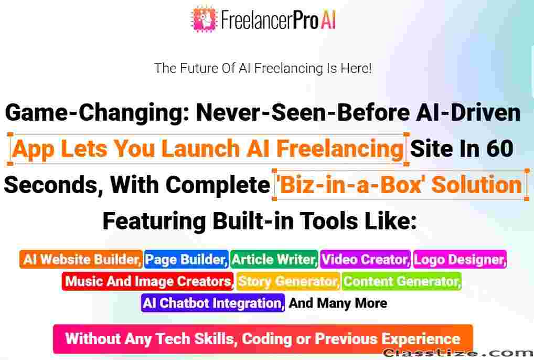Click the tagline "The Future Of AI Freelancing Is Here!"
(263, 68)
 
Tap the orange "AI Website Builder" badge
(81, 259)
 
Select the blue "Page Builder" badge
(186, 259)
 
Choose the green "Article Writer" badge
(274, 259)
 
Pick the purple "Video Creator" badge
(366, 259)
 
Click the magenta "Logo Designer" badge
(460, 259)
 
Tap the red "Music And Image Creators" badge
(148, 281)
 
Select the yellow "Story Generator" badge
(288, 281)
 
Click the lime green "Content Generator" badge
(402, 281)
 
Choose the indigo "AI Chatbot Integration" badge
(213, 303)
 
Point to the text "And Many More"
(338, 303)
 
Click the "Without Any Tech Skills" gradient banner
(263, 339)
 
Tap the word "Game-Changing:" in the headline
(98, 113)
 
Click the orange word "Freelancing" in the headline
(340, 149)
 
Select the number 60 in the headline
(499, 149)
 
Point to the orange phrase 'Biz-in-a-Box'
(352, 184)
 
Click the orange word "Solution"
(477, 184)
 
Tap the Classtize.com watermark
(458, 354)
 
